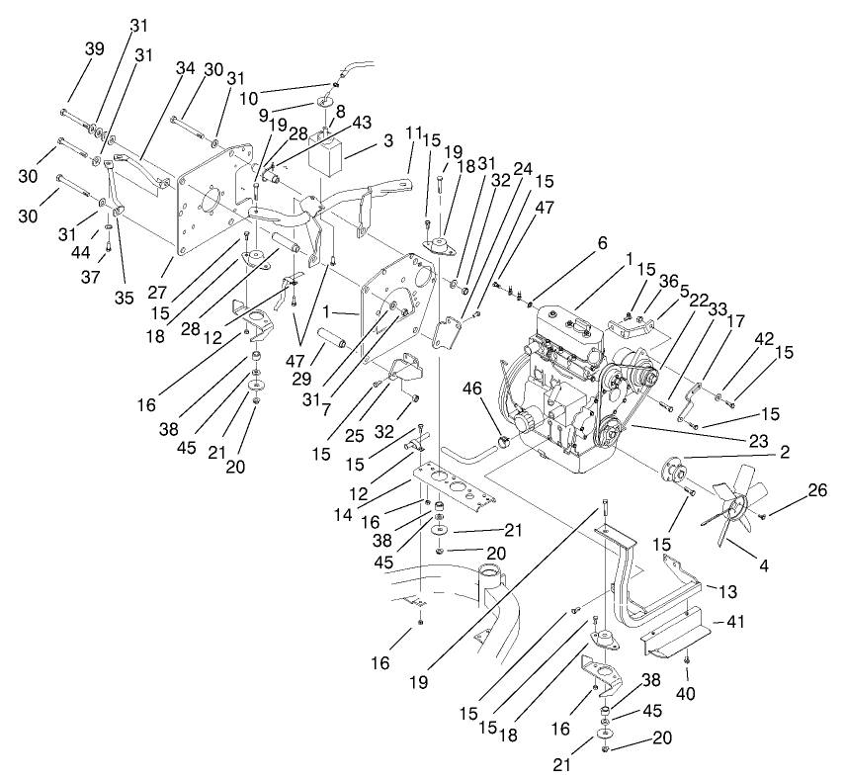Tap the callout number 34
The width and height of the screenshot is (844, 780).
coord(186,69)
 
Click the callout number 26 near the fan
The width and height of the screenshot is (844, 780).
coord(816,490)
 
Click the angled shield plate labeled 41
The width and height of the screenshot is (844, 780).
coord(682,633)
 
